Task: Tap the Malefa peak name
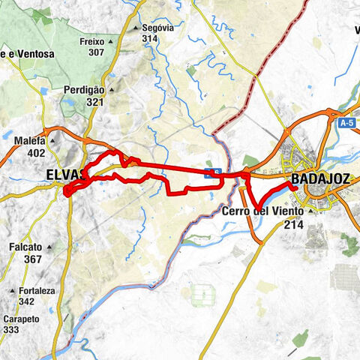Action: pos(30,140)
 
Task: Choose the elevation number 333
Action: pos(12,328)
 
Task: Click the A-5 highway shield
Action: pos(345,123)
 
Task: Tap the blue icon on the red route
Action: pos(212,174)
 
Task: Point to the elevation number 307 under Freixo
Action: pos(95,52)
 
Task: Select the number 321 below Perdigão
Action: pos(95,102)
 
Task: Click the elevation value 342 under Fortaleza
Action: pos(27,301)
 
